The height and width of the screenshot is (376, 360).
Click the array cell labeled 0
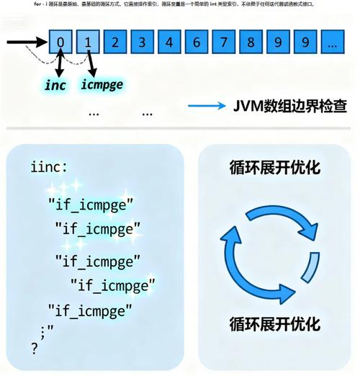click(60, 42)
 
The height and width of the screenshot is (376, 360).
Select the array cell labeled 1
click(88, 42)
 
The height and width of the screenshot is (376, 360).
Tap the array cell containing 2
click(115, 42)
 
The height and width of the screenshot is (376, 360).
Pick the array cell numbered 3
click(143, 42)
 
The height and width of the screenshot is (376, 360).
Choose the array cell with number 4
click(170, 42)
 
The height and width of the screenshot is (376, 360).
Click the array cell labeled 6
click(197, 42)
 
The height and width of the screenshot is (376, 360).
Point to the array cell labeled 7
click(224, 42)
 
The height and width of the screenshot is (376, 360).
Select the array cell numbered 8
click(251, 42)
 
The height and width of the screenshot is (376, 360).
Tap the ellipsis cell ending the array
click(332, 42)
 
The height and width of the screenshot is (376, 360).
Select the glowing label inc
click(55, 85)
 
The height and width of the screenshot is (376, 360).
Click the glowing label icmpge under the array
click(102, 85)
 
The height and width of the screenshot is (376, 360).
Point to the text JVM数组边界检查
click(288, 106)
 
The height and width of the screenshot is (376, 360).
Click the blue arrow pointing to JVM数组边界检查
click(206, 106)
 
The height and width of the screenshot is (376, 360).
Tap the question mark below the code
click(34, 349)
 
